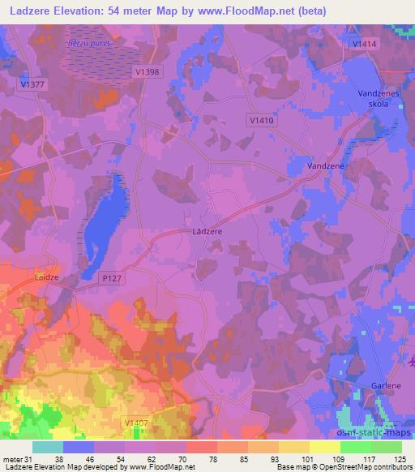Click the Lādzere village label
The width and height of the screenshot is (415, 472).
click(x=208, y=231)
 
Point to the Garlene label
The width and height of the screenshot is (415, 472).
click(x=376, y=387)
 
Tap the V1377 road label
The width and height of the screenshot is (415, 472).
click(x=33, y=83)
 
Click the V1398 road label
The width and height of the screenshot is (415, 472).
click(x=147, y=72)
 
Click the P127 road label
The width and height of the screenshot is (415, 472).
click(x=111, y=277)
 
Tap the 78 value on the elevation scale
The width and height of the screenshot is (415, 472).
click(x=214, y=459)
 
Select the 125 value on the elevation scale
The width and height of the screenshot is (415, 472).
click(x=400, y=459)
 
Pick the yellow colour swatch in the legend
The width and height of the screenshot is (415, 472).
click(x=325, y=447)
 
